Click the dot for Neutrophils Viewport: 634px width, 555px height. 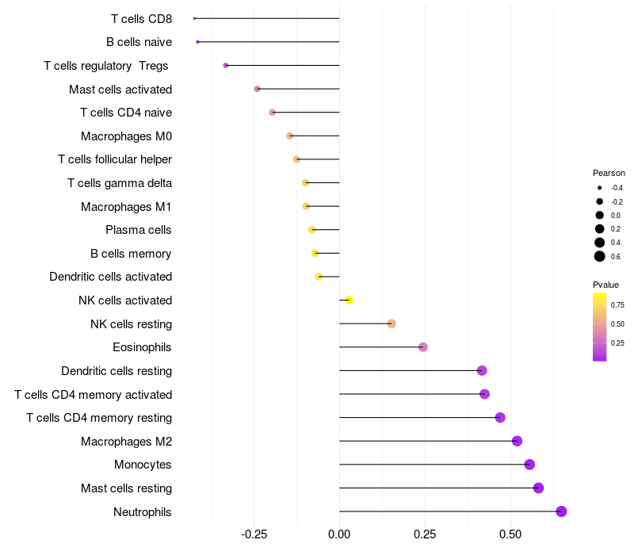pyautogui.click(x=561, y=511)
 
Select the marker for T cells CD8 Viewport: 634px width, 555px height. pyautogui.click(x=194, y=18)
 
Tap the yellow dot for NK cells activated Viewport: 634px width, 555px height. pyautogui.click(x=349, y=300)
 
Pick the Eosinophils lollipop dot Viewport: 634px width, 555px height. pyautogui.click(x=423, y=347)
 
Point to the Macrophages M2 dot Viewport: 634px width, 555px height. pyautogui.click(x=517, y=441)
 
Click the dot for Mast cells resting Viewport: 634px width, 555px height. pyautogui.click(x=539, y=488)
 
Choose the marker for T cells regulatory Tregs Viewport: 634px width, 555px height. pyautogui.click(x=226, y=65)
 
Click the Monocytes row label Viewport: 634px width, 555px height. pyautogui.click(x=143, y=465)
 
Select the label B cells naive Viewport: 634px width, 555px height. pyautogui.click(x=139, y=42)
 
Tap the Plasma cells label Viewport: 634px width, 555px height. pyautogui.click(x=138, y=230)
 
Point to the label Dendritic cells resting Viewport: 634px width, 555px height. pyautogui.click(x=116, y=371)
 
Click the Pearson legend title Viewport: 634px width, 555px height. pyautogui.click(x=609, y=173)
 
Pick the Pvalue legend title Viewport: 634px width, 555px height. pyautogui.click(x=605, y=285)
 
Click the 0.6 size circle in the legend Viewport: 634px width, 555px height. pyautogui.click(x=600, y=256)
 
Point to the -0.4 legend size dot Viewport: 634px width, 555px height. pyautogui.click(x=600, y=188)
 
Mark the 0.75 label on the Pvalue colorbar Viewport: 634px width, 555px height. pyautogui.click(x=617, y=304)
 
